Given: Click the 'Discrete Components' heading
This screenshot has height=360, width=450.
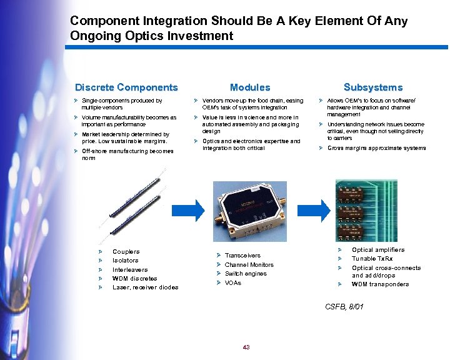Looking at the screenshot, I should point(126,87).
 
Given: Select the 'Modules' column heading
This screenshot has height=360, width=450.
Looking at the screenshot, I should point(250,87).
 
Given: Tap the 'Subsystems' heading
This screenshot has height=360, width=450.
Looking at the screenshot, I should point(373,87).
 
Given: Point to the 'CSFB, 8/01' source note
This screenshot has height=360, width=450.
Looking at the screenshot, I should point(344,306).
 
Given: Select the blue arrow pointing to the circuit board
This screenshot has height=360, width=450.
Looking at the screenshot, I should point(320,210).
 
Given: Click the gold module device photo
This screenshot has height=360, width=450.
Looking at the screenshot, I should point(250,212).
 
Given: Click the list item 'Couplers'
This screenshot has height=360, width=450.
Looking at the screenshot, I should point(126,252).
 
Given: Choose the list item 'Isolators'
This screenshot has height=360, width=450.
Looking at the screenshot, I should point(125,261).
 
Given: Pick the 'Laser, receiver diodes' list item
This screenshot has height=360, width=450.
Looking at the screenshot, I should point(145,287).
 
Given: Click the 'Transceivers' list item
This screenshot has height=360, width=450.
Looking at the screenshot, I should point(242,256).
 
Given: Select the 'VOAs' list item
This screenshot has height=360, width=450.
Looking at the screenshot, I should point(232,283).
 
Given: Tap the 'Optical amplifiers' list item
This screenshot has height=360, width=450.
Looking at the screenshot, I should point(378,250).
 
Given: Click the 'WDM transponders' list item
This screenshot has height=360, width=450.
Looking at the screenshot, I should point(380,284).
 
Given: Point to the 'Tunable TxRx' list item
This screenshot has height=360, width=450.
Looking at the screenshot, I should point(372,259).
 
